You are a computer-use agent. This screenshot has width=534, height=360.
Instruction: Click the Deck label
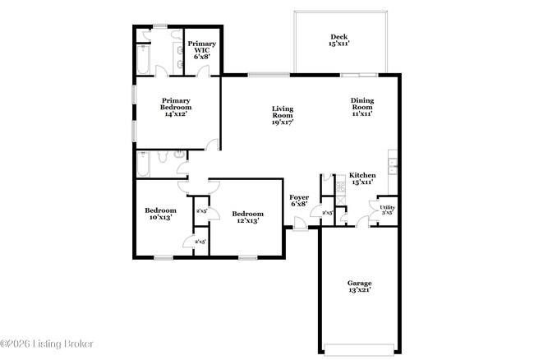pyautogui.click(x=339, y=40)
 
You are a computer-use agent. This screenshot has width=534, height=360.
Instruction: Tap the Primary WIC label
pyautogui.click(x=200, y=50)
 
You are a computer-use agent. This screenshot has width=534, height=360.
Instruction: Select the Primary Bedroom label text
pyautogui.click(x=176, y=109)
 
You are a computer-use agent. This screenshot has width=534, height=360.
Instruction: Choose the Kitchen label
pyautogui.click(x=362, y=179)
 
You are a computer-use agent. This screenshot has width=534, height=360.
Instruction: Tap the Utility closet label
pyautogui.click(x=387, y=210)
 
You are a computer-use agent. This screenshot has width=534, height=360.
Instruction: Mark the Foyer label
pyautogui.click(x=299, y=201)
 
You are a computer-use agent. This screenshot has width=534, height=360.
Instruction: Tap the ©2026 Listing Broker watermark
pyautogui.click(x=47, y=343)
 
